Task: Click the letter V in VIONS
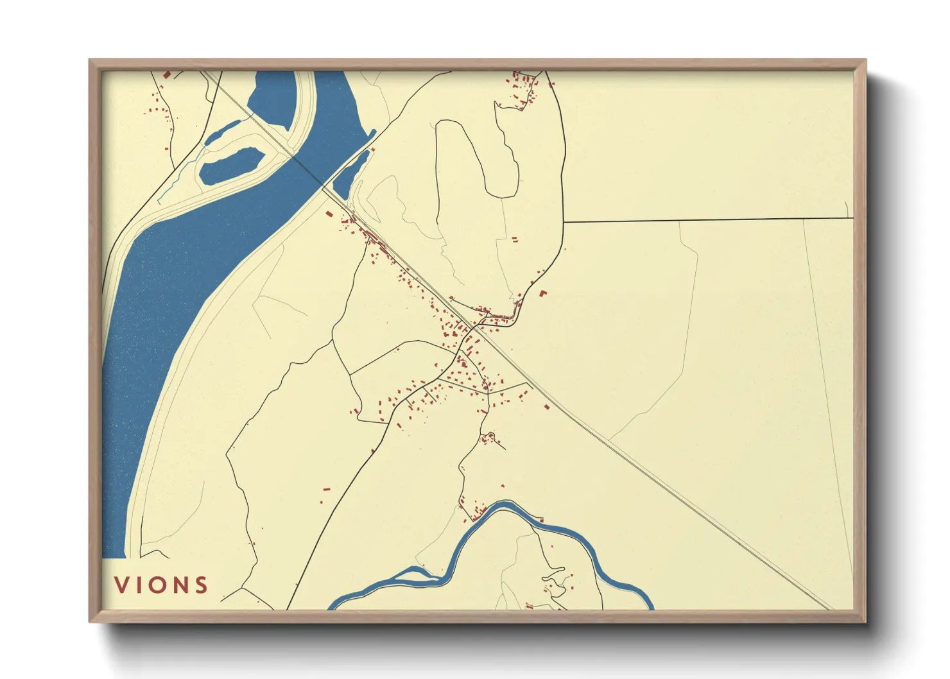tap(122, 585)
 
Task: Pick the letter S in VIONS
tap(202, 585)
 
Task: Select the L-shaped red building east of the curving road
tap(543, 294)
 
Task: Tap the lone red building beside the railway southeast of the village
tap(547, 406)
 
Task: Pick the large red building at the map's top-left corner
tap(167, 74)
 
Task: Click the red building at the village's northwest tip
tap(329, 214)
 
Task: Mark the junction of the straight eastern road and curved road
tap(564, 222)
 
